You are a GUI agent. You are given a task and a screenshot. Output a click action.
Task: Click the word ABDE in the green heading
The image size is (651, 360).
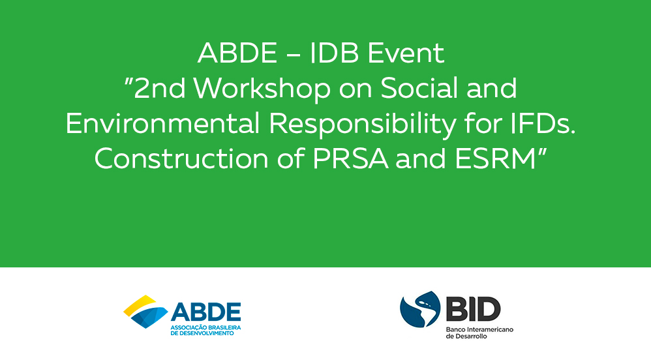coord(237,53)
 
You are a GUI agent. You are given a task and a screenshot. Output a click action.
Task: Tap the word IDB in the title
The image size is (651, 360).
coord(334,53)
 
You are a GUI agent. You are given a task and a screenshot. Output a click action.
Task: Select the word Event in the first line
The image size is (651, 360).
coord(406,53)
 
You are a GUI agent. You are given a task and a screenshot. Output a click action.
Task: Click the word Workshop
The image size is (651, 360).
coord(262,89)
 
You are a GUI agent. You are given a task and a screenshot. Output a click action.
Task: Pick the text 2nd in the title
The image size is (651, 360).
coord(159,89)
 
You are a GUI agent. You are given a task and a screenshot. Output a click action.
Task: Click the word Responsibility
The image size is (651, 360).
coord(363,125)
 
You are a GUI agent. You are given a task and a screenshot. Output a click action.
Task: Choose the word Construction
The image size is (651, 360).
coord(182,158)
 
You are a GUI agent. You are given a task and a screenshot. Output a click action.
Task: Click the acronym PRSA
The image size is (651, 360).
coord(350,158)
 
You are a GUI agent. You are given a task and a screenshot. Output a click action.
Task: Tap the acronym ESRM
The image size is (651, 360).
coord(495,158)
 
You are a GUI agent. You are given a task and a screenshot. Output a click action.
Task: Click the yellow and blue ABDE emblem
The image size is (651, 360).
coord(145,312)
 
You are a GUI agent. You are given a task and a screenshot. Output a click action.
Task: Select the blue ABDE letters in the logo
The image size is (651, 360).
coord(206,312)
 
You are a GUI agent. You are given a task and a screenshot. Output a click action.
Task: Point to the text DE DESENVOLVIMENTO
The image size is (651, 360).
coord(202,333)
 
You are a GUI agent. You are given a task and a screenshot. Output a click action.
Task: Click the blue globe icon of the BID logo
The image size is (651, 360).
coord(420,309)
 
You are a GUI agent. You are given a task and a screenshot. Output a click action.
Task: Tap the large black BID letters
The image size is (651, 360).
coord(474,309)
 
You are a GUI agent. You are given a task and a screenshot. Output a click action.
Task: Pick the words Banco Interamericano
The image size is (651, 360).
coord(479,330)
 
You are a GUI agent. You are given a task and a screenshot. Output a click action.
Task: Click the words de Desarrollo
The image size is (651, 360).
coord(466,337)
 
